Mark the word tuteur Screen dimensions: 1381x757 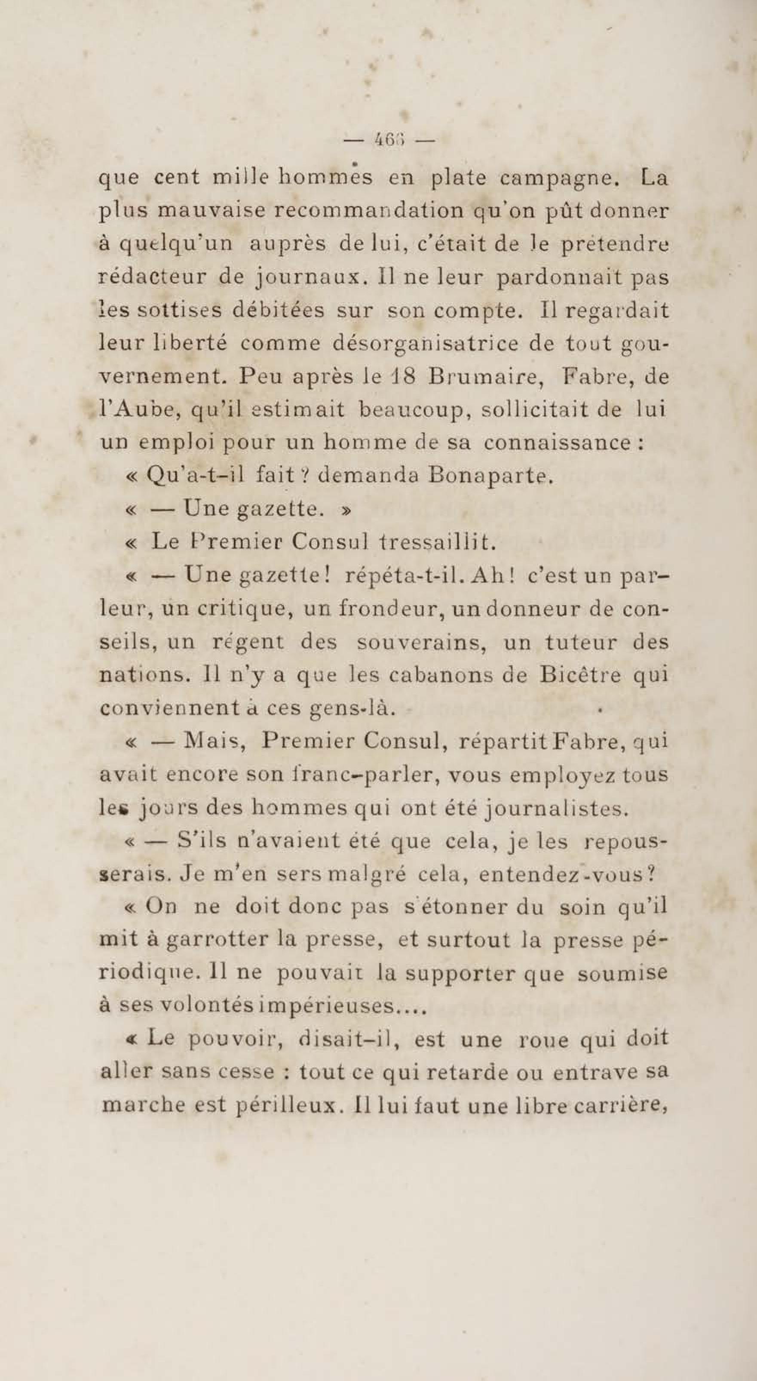click(581, 642)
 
